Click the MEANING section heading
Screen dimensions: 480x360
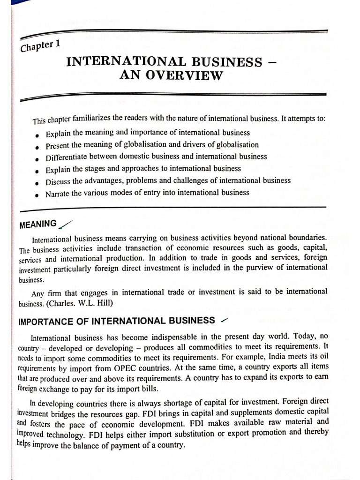38,224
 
